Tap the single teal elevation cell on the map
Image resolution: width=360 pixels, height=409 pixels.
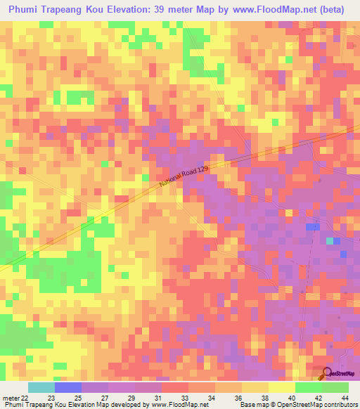click(x=330, y=241)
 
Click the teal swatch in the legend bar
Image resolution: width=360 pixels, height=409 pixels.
click(x=41, y=387)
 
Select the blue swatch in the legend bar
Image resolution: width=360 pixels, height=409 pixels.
click(x=68, y=387)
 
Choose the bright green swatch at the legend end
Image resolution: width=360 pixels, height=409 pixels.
click(x=335, y=387)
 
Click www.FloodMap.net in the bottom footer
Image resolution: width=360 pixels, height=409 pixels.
click(x=172, y=404)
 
